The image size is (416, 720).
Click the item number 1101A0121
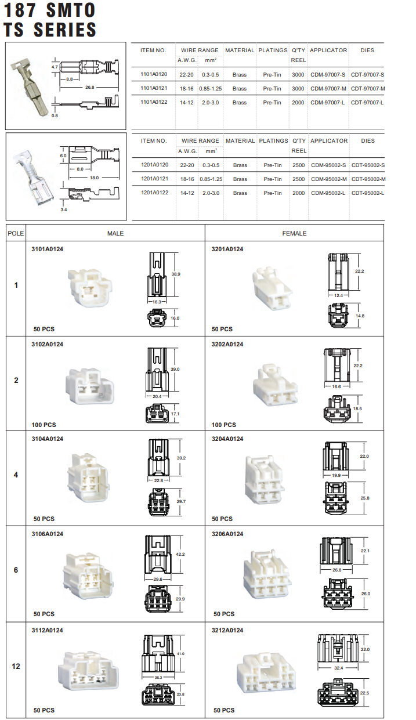point(154,89)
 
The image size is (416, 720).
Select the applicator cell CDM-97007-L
point(328,103)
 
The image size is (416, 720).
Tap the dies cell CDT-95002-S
point(368,165)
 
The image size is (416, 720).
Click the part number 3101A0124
point(47,249)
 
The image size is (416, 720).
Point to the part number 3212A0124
point(228,630)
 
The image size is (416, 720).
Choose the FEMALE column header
point(294,233)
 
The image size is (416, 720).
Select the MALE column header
point(115,233)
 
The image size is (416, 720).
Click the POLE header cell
point(16,233)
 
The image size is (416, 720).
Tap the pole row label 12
point(16,666)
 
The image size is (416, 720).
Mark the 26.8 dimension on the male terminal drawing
point(89,87)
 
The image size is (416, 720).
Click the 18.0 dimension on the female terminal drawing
point(94,178)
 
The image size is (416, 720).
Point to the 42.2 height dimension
point(180,555)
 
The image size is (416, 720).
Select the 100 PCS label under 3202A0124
point(224,425)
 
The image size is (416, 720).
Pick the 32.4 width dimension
point(338,668)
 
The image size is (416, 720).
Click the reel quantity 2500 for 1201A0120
point(298,165)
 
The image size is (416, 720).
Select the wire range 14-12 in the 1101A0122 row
point(187,103)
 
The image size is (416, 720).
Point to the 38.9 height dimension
point(176,274)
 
